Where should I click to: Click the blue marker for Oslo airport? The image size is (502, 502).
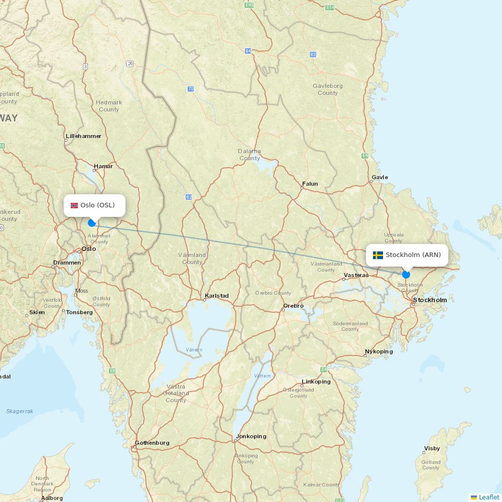pyautogui.click(x=91, y=223)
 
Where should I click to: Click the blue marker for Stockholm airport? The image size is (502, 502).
pyautogui.click(x=406, y=275)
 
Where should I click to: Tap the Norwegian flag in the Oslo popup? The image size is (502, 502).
pyautogui.click(x=74, y=205)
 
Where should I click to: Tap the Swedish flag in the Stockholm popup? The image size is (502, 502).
pyautogui.click(x=378, y=255)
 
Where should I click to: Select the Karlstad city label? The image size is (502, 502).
pyautogui.click(x=216, y=296)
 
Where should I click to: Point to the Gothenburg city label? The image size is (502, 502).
pyautogui.click(x=152, y=443)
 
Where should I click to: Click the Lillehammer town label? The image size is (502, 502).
pyautogui.click(x=83, y=136)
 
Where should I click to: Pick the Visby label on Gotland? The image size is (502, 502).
pyautogui.click(x=432, y=448)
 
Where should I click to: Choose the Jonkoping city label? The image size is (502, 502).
pyautogui.click(x=251, y=436)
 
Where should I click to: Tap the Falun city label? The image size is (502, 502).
pyautogui.click(x=310, y=184)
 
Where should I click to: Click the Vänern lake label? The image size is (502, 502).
pyautogui.click(x=194, y=349)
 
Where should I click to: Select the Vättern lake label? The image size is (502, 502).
pyautogui.click(x=262, y=375)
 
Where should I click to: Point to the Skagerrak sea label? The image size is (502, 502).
pyautogui.click(x=20, y=411)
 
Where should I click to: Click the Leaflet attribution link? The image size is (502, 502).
pyautogui.click(x=488, y=497)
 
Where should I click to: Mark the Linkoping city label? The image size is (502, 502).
pyautogui.click(x=316, y=382)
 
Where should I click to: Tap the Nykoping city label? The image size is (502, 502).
pyautogui.click(x=379, y=351)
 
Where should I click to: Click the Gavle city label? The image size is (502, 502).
pyautogui.click(x=380, y=177)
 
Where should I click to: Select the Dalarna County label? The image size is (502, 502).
pyautogui.click(x=249, y=155)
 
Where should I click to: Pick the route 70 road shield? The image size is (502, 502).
pyautogui.click(x=191, y=89)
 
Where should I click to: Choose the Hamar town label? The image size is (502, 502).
pyautogui.click(x=103, y=166)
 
